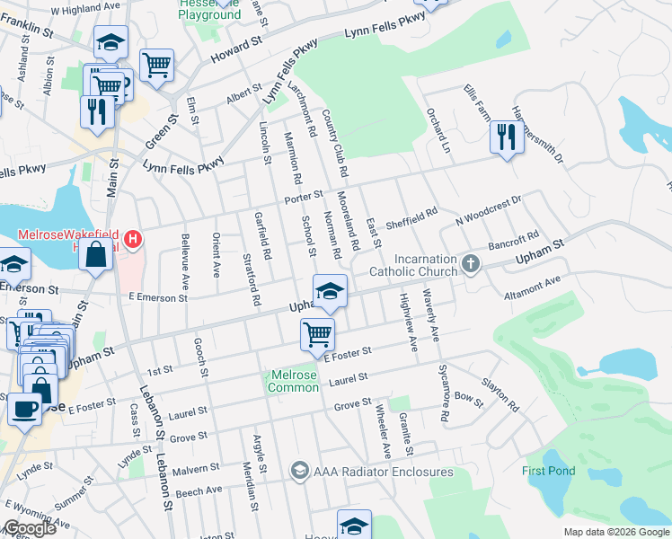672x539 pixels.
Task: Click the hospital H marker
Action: coord(133,239)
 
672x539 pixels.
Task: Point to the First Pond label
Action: coord(547,471)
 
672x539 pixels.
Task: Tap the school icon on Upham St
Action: coord(330,289)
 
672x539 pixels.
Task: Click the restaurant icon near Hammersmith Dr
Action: coord(506,137)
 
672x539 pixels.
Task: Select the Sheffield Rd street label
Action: coord(411,218)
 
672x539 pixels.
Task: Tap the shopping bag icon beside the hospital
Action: coord(95,253)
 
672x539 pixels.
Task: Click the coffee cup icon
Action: coord(24,408)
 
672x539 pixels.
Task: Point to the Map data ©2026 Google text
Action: coord(616,532)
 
